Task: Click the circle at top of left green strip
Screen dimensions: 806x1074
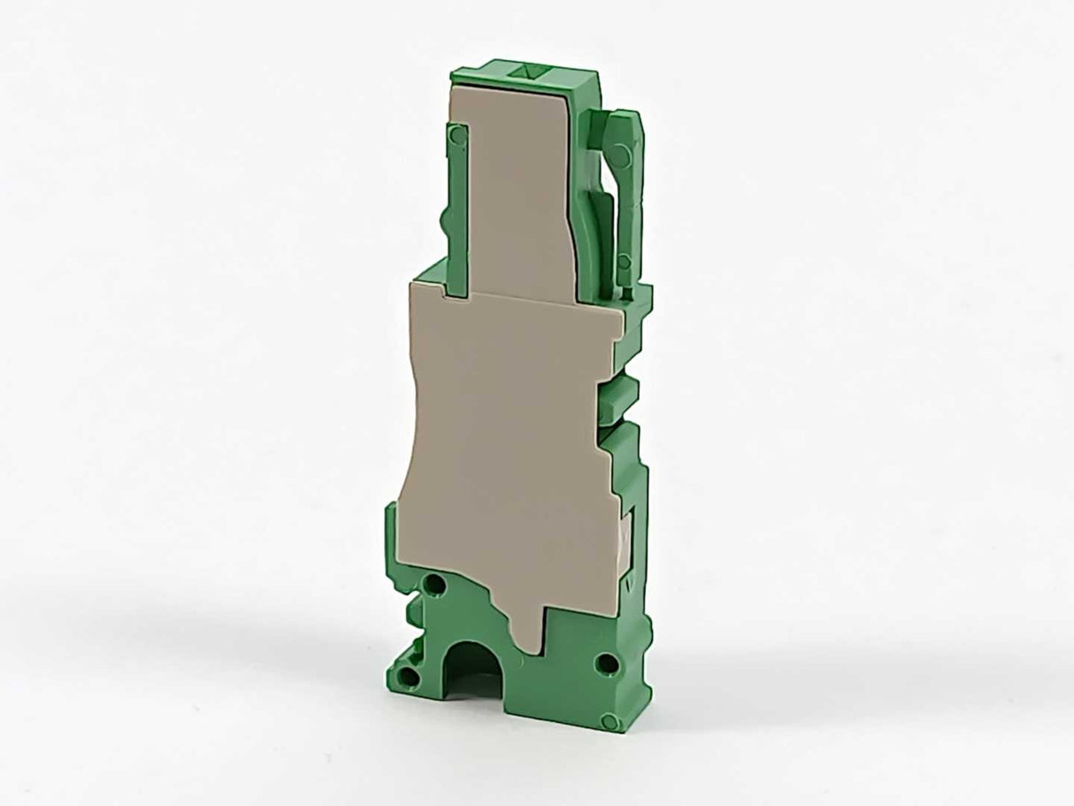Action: point(456,134)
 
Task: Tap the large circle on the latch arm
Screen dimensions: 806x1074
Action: point(621,156)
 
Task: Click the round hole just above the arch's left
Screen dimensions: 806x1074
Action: point(435,585)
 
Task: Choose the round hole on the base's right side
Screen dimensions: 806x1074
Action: point(606,661)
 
